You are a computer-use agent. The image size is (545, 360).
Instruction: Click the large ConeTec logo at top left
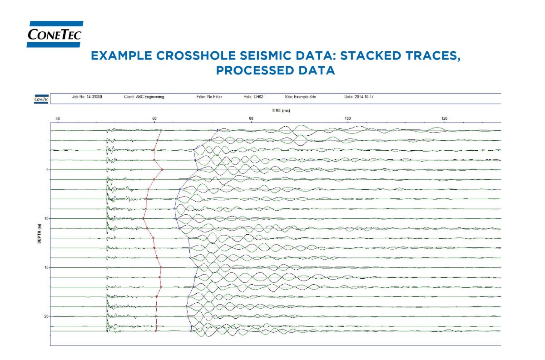coord(55,34)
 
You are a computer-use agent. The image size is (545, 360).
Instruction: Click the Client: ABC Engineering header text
coord(144,97)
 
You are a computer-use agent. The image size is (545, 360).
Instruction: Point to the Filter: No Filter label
coord(206,97)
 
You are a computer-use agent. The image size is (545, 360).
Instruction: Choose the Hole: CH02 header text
coord(254,97)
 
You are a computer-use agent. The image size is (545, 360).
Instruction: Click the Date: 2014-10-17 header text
coord(359,97)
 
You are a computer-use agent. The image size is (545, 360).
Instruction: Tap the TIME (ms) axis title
coord(278,110)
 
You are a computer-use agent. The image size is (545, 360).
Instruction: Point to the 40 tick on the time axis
coord(58,119)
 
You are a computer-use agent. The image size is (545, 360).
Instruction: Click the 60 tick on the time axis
coord(154,119)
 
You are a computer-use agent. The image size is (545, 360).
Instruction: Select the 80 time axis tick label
coord(251,119)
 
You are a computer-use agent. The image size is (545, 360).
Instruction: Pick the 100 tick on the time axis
coord(348,119)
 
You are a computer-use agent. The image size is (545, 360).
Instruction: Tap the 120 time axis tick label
coord(445,119)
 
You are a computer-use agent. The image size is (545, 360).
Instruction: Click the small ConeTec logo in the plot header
coord(42,99)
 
